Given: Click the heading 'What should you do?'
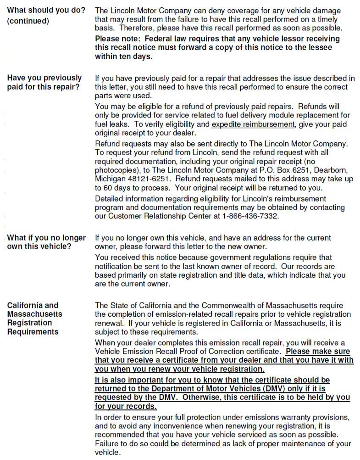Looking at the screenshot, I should (46, 11).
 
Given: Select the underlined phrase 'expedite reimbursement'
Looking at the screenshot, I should (253, 124).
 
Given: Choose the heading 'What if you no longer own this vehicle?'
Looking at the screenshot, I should (46, 242).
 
